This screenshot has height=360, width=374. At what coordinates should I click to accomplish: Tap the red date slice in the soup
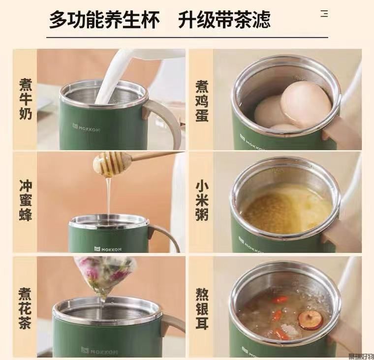point(310,320)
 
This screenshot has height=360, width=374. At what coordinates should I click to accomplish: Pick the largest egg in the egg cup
point(305,104)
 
